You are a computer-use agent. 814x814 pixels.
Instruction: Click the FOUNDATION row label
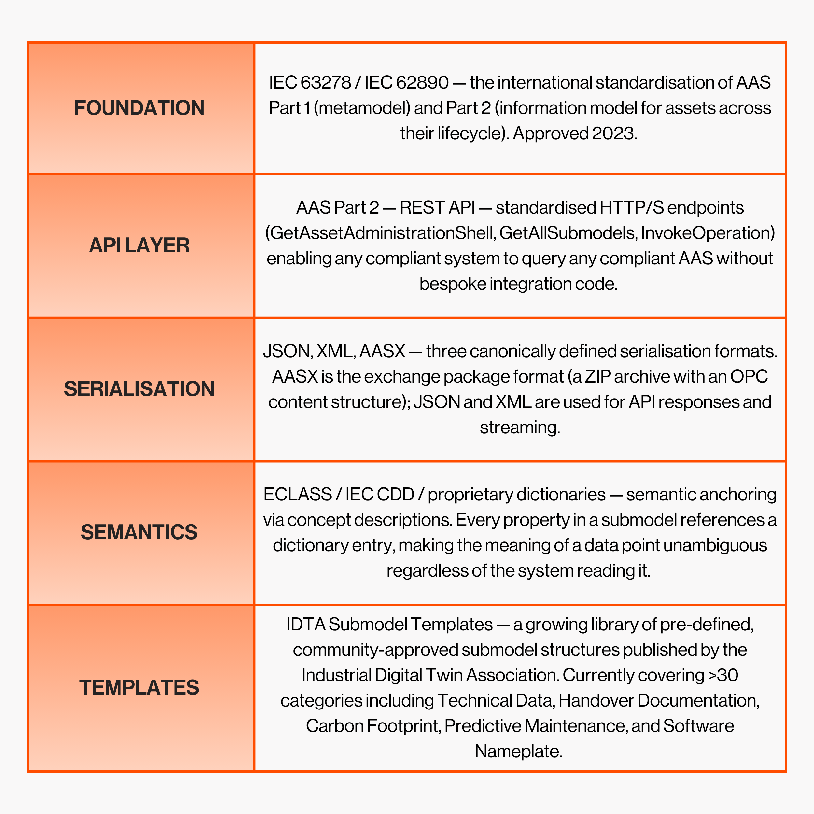coord(139,108)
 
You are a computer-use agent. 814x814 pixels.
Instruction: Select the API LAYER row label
coord(139,245)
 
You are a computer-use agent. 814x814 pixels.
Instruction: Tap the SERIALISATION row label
coord(139,388)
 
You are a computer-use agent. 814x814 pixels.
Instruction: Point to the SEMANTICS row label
coord(139,532)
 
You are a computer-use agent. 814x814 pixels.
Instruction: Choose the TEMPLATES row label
coord(139,687)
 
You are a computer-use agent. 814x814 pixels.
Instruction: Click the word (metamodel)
coord(362,108)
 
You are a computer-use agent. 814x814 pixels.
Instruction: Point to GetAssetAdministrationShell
coord(381,233)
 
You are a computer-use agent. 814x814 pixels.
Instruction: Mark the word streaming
coord(520,428)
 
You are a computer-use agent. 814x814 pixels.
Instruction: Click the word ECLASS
coord(298,495)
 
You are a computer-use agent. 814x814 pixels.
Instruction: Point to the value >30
coord(723,675)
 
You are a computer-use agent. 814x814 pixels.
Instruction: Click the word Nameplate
coord(518,751)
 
